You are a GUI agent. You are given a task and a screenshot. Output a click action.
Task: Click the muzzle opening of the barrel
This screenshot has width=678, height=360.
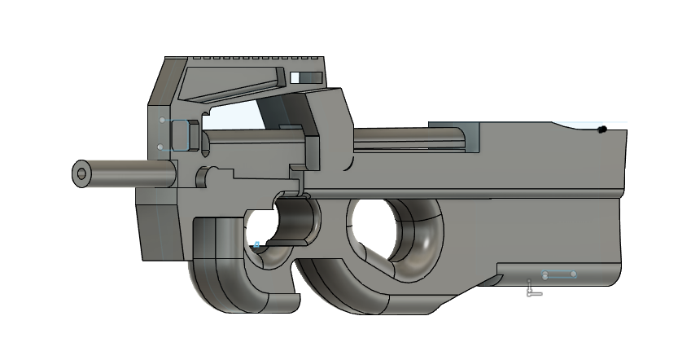[81, 173]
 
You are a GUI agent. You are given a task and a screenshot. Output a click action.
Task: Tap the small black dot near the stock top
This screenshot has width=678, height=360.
[601, 130]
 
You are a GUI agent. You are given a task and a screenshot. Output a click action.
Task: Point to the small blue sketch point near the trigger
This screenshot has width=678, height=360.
[257, 244]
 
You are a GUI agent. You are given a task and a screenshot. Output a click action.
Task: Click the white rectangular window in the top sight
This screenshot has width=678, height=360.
[307, 77]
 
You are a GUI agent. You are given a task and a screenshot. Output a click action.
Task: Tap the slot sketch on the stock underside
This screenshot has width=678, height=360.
[559, 275]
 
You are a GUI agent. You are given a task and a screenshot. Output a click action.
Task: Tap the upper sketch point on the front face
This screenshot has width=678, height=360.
[162, 121]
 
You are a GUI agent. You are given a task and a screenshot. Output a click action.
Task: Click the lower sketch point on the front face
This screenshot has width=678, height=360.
[160, 147]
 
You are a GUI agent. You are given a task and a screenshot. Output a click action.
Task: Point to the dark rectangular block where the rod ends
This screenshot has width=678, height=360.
[457, 137]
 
